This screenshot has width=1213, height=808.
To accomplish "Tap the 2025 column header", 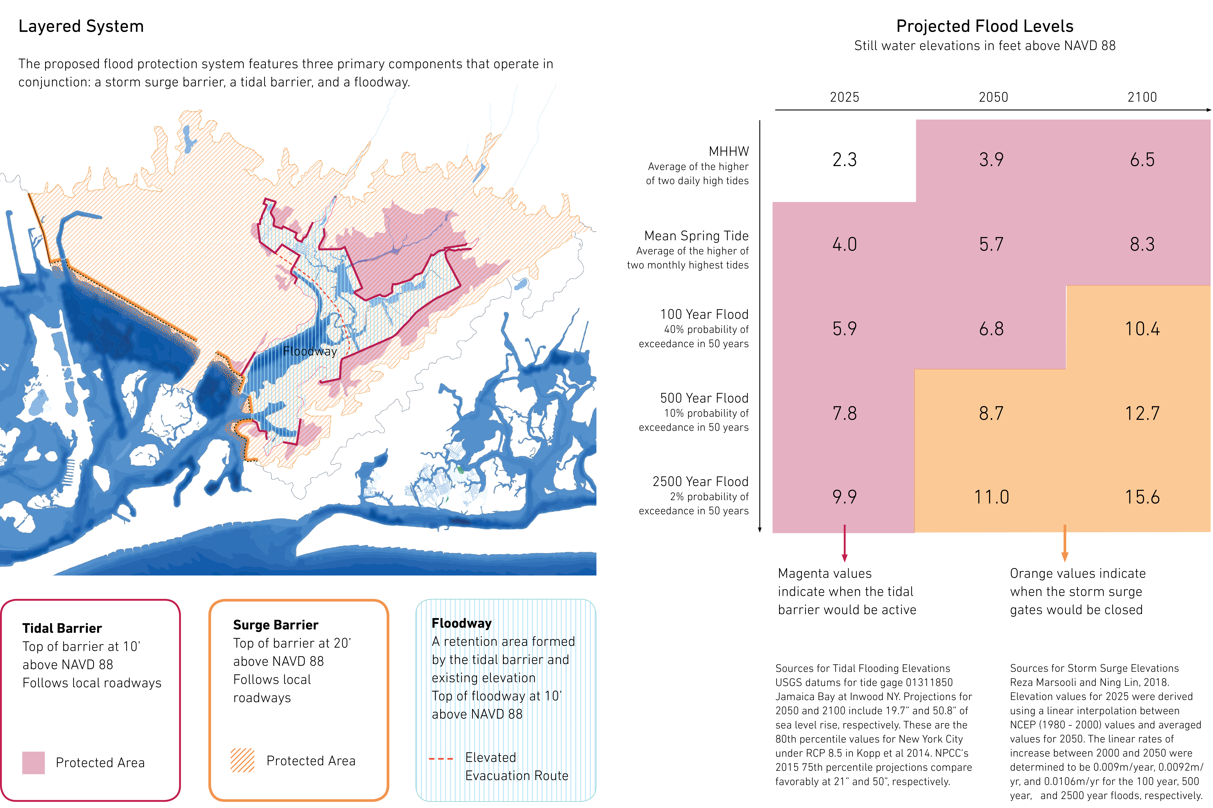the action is (844, 97).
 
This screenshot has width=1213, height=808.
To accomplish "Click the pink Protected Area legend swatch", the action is (33, 763).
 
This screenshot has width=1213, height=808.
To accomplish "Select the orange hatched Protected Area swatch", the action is (242, 761).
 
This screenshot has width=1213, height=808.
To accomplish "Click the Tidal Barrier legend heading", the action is (62, 628).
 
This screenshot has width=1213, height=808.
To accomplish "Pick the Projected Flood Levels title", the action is (984, 26).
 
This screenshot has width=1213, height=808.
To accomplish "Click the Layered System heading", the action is (81, 26).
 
